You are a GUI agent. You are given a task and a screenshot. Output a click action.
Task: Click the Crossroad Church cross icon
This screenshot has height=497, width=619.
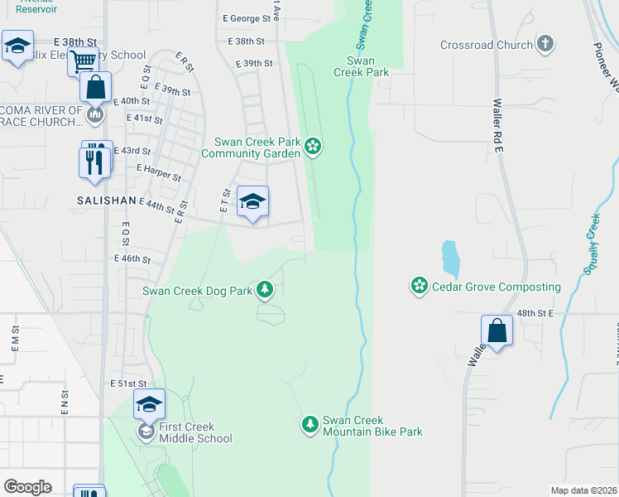pos(545,44)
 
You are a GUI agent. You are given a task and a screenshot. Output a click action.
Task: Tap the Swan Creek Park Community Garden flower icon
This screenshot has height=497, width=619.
pos(313,147)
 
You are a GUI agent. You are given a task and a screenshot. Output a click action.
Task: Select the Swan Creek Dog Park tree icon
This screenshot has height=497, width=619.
pos(265,289)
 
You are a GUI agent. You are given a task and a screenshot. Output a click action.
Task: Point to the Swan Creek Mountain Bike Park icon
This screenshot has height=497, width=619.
pos(310,425)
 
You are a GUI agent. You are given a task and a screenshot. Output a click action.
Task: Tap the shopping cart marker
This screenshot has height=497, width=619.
pos(83,62)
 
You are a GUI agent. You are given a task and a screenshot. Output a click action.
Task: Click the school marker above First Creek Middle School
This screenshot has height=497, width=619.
pos(149,404)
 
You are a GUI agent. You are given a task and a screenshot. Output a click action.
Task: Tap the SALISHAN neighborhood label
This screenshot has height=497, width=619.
pos(107,200)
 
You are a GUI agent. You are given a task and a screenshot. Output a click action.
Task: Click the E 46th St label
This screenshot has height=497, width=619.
pos(133,259)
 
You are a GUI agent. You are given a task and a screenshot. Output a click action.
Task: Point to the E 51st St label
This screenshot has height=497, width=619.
pos(128,384)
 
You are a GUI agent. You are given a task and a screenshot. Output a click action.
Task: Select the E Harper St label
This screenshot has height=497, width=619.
pos(158,167)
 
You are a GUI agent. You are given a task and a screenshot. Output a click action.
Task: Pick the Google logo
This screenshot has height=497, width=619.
pos(27,487)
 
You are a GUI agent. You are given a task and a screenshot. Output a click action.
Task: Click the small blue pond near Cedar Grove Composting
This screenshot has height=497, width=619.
pos(449,258)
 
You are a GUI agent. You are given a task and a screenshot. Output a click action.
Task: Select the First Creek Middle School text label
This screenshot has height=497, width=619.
pos(195,432)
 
